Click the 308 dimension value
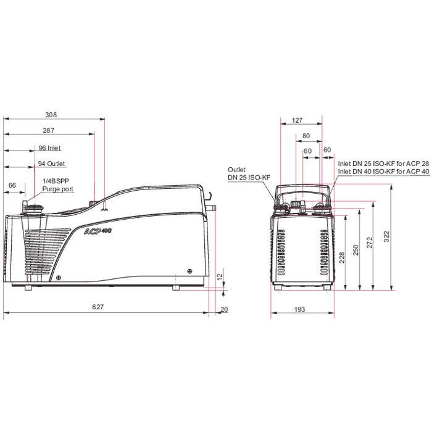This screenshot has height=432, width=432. tap(51, 115)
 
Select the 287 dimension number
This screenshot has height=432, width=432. tap(49, 130)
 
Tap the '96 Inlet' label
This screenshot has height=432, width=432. tap(49, 148)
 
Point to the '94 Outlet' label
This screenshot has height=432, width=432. tap(51, 164)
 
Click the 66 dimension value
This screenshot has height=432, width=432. tap(12, 185)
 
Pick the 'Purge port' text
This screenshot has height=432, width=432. tap(57, 189)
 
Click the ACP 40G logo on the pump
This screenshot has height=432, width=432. tap(98, 231)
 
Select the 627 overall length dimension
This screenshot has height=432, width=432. tap(98, 307)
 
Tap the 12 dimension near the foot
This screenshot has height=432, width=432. tap(220, 276)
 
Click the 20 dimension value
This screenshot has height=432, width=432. tap(224, 309)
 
